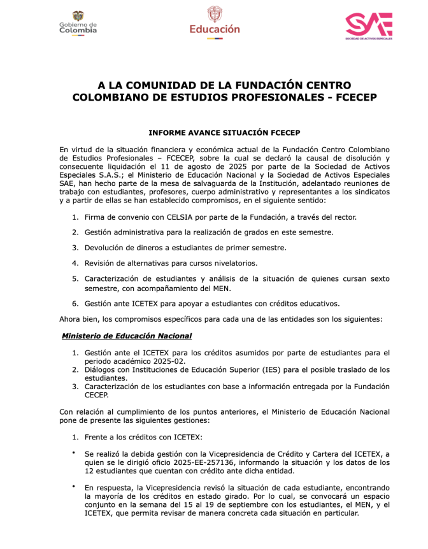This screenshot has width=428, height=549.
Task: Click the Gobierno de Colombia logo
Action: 78,23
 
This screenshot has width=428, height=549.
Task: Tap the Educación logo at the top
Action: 215,22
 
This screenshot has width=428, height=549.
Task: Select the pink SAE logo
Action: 368,25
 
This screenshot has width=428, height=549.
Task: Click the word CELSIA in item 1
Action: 185,217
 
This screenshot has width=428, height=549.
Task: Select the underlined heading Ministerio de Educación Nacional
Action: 127,336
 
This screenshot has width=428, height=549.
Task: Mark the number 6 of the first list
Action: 75,303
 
